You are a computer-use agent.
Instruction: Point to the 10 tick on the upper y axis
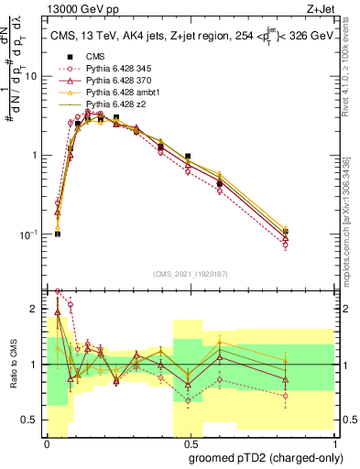[35, 76]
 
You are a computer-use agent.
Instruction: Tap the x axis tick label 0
[47, 444]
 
